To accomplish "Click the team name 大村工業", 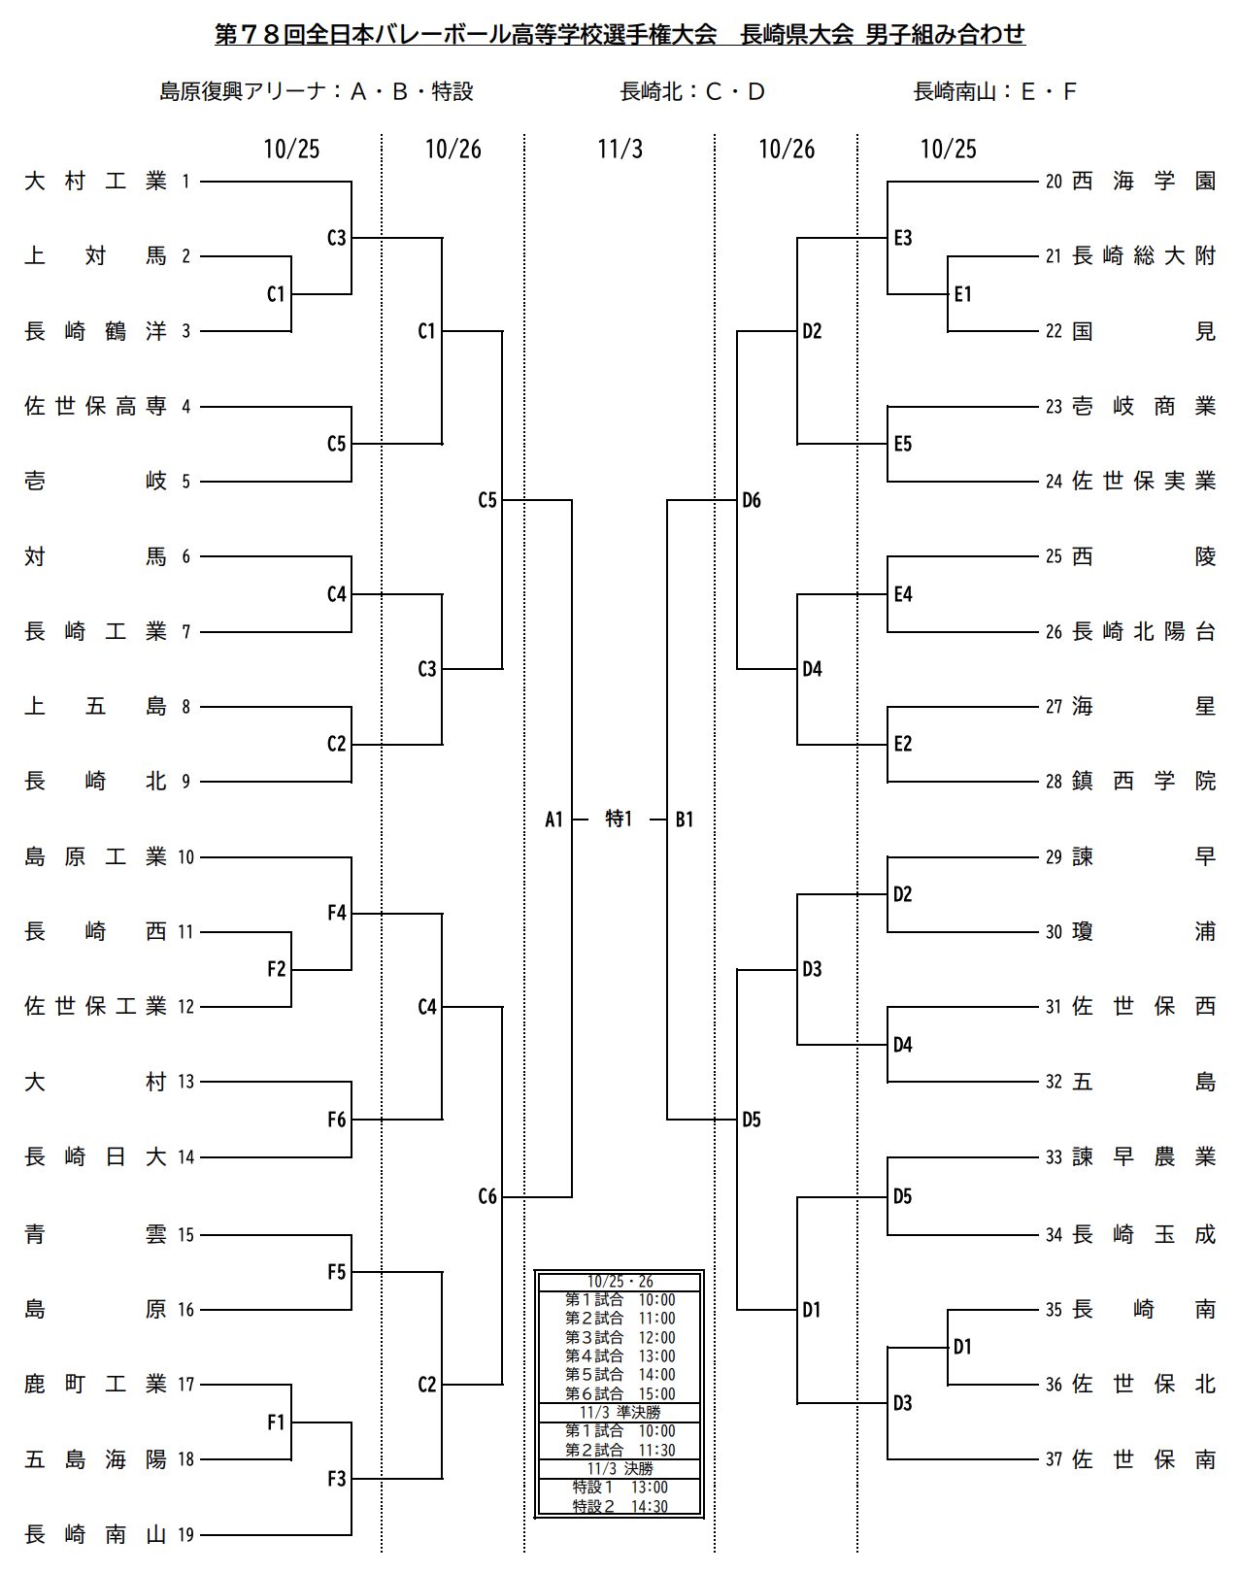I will click(95, 181).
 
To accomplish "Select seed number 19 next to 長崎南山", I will click(186, 1535).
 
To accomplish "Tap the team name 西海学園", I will click(1144, 181).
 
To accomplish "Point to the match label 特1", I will click(619, 820).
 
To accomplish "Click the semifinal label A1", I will click(553, 820).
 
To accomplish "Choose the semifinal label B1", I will click(685, 820).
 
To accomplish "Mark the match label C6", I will click(486, 1196).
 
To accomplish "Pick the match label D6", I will click(752, 501).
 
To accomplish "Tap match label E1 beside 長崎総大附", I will click(962, 294).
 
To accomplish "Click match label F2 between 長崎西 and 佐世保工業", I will click(276, 969).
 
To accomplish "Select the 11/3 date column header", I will click(620, 149).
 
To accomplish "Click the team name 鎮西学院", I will click(1144, 781).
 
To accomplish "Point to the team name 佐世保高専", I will click(95, 407).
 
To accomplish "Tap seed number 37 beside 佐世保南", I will click(1054, 1459).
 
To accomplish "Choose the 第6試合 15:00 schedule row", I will click(620, 1393).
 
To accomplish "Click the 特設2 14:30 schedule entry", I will click(620, 1506).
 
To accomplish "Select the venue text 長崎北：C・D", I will click(692, 92).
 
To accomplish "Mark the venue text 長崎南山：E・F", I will click(995, 92).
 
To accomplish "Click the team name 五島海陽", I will click(95, 1459).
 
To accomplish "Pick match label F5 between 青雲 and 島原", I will click(336, 1272).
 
